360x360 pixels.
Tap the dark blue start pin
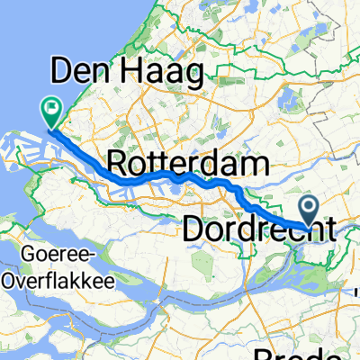[309, 211]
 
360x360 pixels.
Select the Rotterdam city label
[189, 164]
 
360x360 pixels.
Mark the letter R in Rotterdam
[117, 164]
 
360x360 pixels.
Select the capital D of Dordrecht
[193, 229]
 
